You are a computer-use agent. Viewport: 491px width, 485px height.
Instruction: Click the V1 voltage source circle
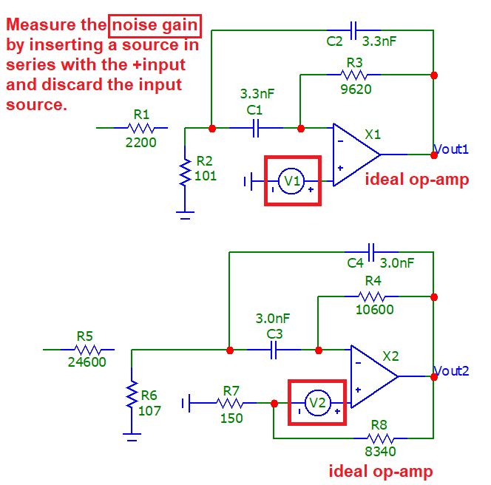tap(292, 180)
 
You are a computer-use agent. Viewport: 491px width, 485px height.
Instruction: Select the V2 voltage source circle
tap(317, 403)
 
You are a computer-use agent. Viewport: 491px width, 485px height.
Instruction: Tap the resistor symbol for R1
tap(141, 128)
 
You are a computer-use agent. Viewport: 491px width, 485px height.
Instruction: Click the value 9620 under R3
tap(356, 89)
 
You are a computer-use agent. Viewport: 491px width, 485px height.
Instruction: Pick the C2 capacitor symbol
tap(355, 30)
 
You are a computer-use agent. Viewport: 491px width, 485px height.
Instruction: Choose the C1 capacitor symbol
tap(256, 128)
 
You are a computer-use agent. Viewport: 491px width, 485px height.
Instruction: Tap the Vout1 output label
tap(451, 149)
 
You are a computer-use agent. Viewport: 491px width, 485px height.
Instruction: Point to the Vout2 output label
tap(451, 371)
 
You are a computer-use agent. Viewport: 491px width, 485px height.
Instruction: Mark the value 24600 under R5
tap(87, 362)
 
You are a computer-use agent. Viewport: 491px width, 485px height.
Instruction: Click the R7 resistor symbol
tap(231, 403)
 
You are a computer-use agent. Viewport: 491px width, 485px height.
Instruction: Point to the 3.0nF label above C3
tap(273, 319)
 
